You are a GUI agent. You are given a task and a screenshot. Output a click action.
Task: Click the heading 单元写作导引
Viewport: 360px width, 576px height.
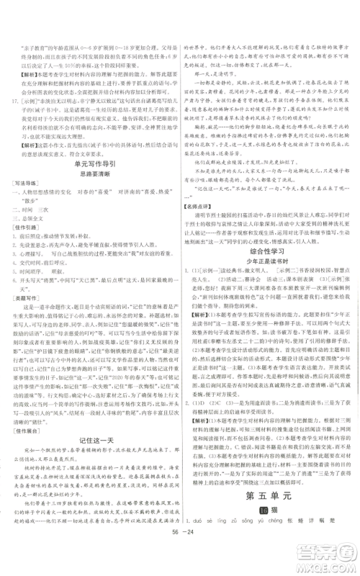[91, 185]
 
